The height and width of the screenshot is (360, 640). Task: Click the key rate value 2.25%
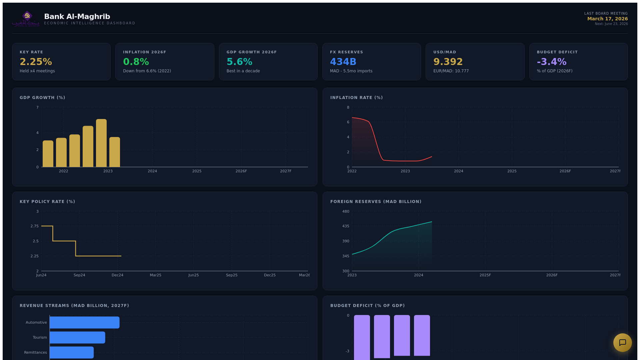[x=36, y=62]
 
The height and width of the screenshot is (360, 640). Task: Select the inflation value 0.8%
[x=136, y=62]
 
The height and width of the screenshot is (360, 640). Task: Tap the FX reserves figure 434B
[x=343, y=62]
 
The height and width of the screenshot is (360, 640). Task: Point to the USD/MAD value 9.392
[x=448, y=62]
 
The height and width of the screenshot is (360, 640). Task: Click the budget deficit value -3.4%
[x=551, y=62]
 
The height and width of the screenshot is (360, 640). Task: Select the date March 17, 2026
[x=607, y=19]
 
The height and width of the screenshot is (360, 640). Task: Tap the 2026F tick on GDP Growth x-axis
[x=241, y=171]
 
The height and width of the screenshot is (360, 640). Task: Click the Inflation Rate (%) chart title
[x=356, y=98]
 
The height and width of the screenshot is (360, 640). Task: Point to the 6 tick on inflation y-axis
[x=348, y=122]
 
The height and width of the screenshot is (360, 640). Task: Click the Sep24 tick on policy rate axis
[x=79, y=275]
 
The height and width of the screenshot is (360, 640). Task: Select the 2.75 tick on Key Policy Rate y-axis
[x=34, y=226]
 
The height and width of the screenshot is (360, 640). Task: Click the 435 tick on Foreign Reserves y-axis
[x=346, y=226]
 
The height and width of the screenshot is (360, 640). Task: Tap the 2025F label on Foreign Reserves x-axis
[x=485, y=275]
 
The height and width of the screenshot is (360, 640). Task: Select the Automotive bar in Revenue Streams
[x=84, y=322]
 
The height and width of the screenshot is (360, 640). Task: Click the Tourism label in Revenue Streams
[x=40, y=337]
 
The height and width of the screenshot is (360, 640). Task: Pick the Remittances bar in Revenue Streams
[x=71, y=352]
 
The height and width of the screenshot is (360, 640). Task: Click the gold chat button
[x=622, y=342]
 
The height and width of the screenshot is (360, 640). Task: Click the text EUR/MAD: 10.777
[x=451, y=71]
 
